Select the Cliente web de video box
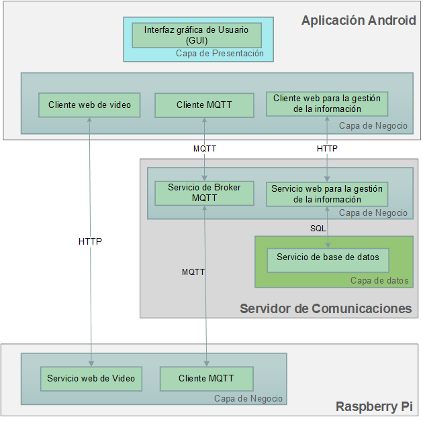click(90, 105)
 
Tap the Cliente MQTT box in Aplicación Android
click(204, 105)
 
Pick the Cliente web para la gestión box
click(327, 103)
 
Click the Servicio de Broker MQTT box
click(204, 193)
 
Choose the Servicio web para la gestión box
click(327, 194)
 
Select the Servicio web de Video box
click(91, 379)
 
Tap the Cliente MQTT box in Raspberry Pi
click(206, 379)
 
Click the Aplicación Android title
click(359, 20)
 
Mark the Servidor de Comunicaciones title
click(326, 308)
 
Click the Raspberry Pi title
click(375, 407)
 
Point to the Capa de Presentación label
click(220, 54)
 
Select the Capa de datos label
click(379, 280)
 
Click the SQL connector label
click(318, 229)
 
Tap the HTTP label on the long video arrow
click(90, 241)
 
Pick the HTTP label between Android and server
click(327, 149)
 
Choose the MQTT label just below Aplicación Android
click(205, 149)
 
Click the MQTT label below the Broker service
click(193, 272)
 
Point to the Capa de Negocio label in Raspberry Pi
click(248, 399)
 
